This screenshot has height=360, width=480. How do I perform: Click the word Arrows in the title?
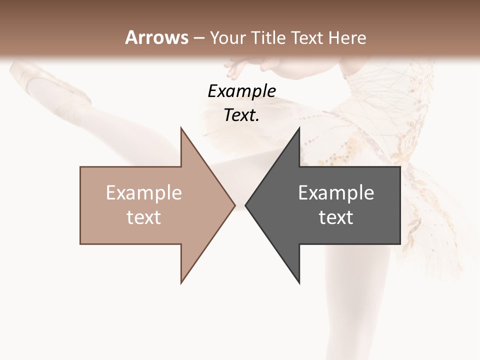(x=156, y=37)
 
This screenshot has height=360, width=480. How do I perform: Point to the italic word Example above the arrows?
(x=241, y=91)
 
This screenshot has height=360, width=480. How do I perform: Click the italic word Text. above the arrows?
(x=241, y=115)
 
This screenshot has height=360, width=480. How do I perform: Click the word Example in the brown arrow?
(x=143, y=193)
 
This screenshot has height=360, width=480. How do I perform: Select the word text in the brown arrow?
(x=143, y=217)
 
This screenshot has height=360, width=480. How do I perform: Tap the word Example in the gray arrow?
(x=336, y=193)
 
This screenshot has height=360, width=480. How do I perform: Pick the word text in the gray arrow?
(x=336, y=217)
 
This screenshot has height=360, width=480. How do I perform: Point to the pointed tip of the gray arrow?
(x=246, y=205)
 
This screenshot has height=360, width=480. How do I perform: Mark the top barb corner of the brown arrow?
(x=181, y=128)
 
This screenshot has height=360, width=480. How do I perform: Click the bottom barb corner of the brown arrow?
(x=181, y=282)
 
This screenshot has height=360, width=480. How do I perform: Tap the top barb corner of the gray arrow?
(x=299, y=128)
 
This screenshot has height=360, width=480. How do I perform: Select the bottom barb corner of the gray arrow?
(x=299, y=282)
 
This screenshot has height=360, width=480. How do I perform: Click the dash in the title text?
(x=198, y=38)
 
